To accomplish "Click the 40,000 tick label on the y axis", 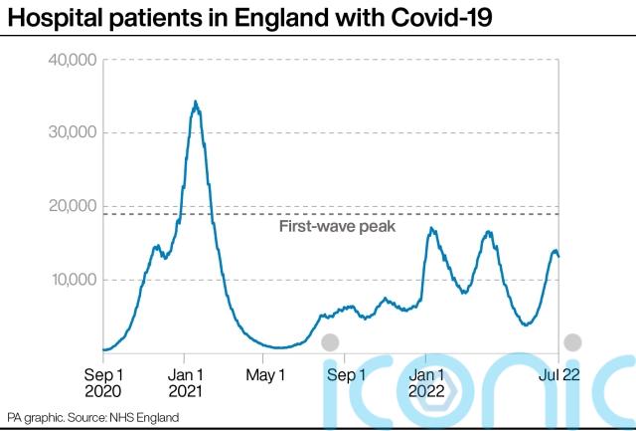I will coord(71,61).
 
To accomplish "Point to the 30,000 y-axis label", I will coord(71,133).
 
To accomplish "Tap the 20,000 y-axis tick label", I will coord(71,206).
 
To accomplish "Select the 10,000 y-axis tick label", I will coord(71,280).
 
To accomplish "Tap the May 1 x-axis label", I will coord(265,375).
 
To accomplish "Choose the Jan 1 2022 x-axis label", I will coord(427,383).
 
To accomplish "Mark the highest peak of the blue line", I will coord(196,102).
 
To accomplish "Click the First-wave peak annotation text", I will coord(337,227).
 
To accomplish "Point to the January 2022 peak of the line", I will coord(430,229).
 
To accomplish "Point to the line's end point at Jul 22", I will coord(558,257).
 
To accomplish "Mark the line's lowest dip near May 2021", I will coord(280,347).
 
